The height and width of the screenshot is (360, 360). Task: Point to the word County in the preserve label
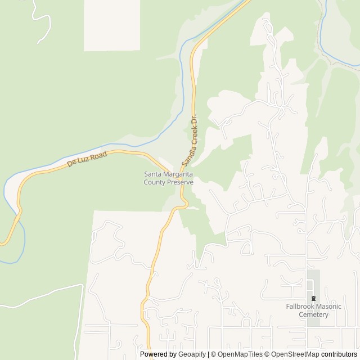pos(154,182)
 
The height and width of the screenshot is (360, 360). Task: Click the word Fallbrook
pos(299,307)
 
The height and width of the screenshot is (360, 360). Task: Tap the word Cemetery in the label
pos(313,314)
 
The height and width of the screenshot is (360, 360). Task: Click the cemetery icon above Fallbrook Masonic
pos(313,298)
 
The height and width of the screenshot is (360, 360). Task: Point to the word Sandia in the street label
pos(186,156)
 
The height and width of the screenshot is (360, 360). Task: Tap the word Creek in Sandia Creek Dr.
pos(191,135)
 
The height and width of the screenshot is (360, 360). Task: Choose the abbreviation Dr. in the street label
pos(194,119)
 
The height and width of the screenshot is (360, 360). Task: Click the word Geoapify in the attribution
pos(192,354)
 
